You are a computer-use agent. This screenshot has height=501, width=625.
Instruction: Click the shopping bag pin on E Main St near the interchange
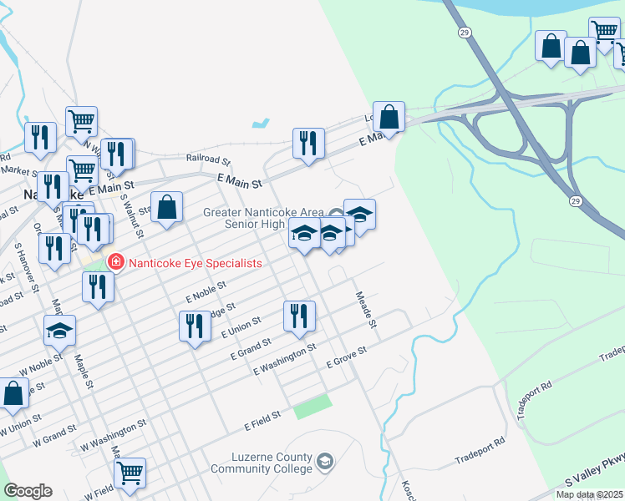click(x=389, y=116)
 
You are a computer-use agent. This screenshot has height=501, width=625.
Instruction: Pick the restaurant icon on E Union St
click(x=195, y=326)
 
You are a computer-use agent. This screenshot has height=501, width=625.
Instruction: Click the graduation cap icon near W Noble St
click(x=59, y=331)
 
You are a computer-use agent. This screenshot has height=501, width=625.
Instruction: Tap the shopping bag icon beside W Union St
click(x=13, y=394)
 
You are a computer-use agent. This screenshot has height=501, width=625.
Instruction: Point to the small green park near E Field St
click(x=312, y=407)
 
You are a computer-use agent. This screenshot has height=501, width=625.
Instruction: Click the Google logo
click(x=28, y=491)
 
